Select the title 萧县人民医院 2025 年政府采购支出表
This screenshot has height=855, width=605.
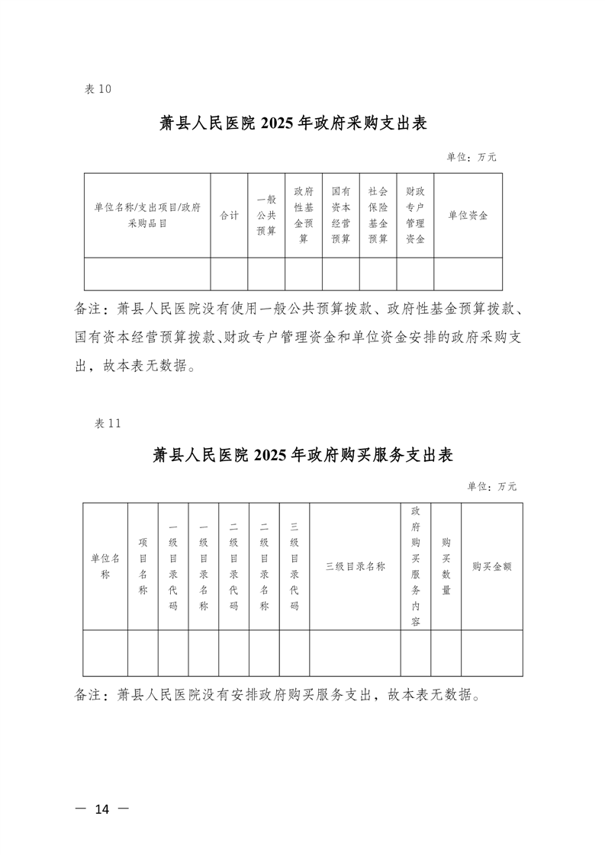click(303, 123)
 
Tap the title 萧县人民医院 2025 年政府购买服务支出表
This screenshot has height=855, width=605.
click(303, 456)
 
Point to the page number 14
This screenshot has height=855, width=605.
click(101, 809)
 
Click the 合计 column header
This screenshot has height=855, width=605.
click(229, 216)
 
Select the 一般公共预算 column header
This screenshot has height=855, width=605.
click(266, 216)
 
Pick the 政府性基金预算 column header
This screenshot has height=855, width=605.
click(304, 216)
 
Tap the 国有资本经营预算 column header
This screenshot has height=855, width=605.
click(341, 216)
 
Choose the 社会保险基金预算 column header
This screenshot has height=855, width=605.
click(378, 216)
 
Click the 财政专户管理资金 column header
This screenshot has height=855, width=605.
click(415, 216)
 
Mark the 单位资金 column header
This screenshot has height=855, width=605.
click(468, 216)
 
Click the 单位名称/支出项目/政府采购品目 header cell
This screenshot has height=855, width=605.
click(147, 216)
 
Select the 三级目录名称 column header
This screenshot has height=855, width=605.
click(355, 566)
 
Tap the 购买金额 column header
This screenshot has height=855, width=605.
click(492, 566)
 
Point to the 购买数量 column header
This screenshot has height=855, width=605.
click(446, 566)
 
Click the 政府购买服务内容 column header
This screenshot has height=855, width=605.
click(416, 566)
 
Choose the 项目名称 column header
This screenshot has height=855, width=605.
click(143, 566)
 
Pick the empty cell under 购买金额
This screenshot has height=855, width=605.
click(492, 652)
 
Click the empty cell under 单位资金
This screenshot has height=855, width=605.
click(468, 274)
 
